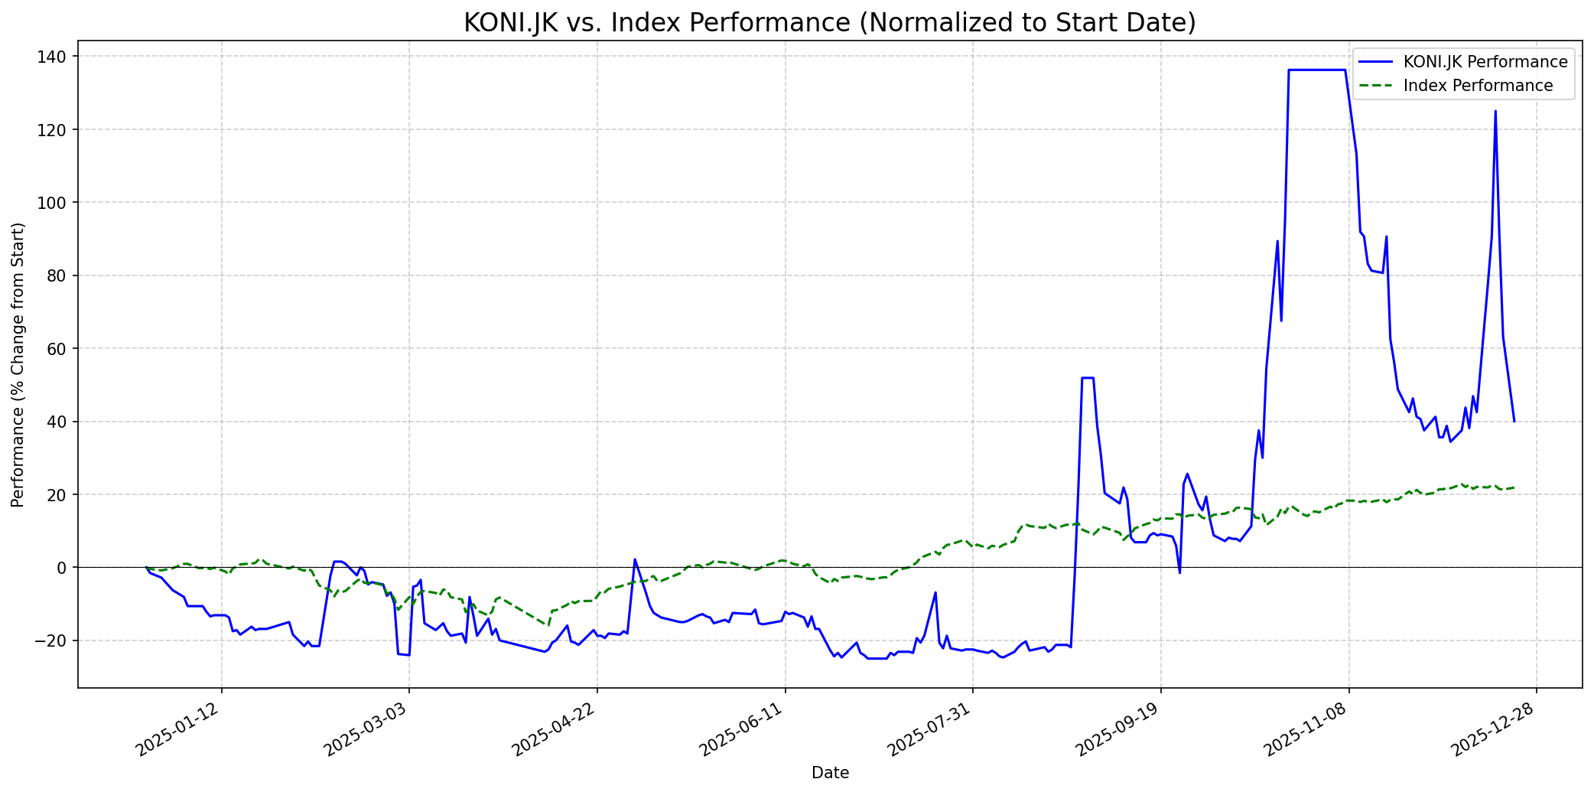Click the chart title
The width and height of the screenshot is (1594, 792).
coord(829,23)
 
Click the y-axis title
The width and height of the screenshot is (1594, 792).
coord(18,364)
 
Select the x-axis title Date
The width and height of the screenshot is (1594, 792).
coord(830,774)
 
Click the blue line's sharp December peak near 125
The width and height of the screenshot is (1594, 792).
coord(1495,111)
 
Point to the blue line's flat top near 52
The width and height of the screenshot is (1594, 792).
coord(1088,377)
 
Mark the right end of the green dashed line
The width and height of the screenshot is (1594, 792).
coord(1514,487)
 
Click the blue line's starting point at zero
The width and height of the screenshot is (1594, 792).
coord(146,567)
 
